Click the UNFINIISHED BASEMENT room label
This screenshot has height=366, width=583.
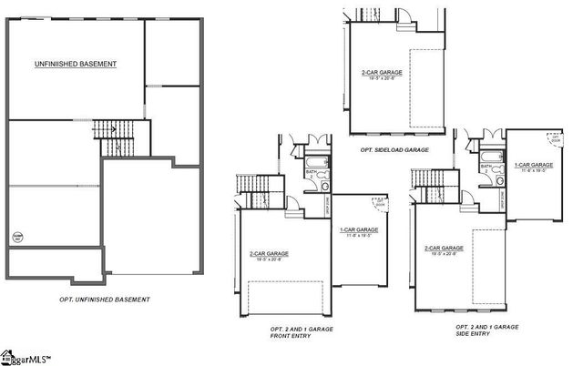tap(77, 64)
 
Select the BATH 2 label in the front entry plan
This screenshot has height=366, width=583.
tap(312, 172)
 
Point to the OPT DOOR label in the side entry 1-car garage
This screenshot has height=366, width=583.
tap(555, 141)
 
